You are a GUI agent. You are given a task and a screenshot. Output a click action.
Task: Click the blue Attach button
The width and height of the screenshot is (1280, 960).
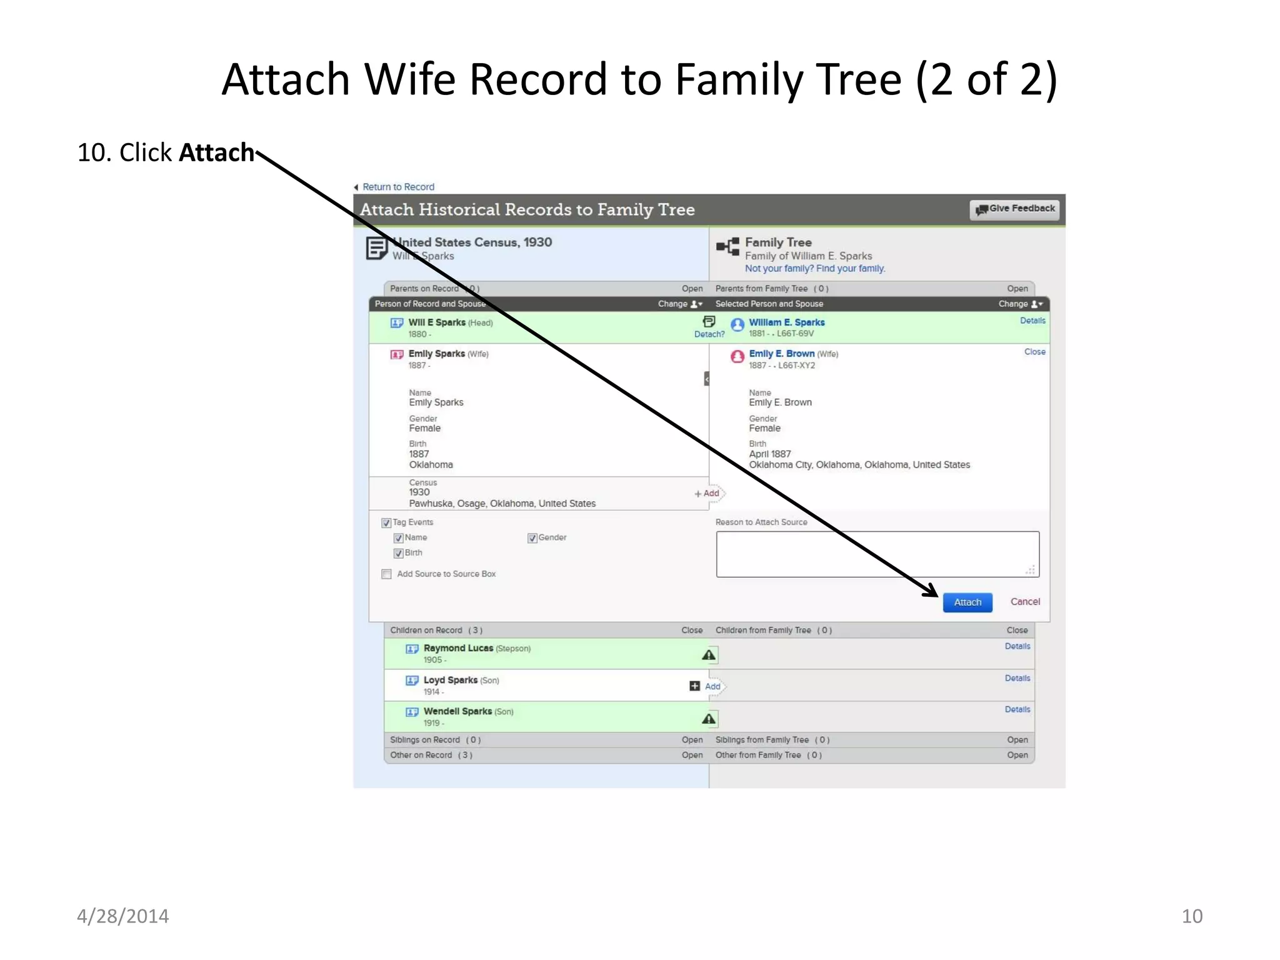click(x=967, y=602)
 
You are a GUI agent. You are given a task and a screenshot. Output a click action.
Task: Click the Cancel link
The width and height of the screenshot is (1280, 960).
click(x=1025, y=601)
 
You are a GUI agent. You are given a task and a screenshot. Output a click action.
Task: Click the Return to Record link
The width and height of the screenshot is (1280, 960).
click(x=398, y=187)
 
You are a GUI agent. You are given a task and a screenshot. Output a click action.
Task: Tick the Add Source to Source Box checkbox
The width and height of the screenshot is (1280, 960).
click(x=387, y=574)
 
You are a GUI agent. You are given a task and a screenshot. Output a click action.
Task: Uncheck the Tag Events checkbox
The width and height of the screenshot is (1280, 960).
click(x=386, y=522)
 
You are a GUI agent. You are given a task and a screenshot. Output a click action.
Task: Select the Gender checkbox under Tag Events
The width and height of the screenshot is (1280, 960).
click(x=532, y=538)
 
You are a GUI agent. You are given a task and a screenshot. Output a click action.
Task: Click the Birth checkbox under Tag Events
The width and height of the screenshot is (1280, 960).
click(x=398, y=553)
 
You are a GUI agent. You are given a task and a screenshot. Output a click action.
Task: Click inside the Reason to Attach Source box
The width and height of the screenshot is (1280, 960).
click(x=877, y=554)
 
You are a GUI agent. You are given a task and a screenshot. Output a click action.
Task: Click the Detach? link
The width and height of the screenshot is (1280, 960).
click(x=709, y=334)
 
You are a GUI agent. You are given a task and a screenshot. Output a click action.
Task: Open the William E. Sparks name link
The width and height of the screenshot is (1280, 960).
click(x=787, y=322)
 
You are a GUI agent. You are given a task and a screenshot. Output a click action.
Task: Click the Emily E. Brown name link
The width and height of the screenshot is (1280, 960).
click(x=781, y=354)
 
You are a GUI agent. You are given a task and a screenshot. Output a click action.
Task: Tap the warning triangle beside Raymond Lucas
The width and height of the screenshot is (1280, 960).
click(x=709, y=655)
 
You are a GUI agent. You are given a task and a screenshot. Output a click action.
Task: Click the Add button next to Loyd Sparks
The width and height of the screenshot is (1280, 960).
click(x=706, y=686)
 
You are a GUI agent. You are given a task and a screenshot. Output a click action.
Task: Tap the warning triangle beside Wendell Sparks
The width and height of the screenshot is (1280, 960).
click(x=709, y=719)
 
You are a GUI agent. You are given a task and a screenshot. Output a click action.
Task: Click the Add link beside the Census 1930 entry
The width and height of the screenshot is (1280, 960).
click(x=707, y=493)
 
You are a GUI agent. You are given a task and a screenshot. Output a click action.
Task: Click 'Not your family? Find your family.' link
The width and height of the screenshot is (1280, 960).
click(x=815, y=269)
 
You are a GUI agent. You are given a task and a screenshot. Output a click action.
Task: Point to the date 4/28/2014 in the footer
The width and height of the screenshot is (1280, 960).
click(x=122, y=916)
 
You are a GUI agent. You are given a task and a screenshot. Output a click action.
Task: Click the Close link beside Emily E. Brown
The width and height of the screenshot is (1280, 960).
click(x=1034, y=352)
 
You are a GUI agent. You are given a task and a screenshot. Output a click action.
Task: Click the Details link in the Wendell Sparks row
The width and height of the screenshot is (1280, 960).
click(x=1017, y=709)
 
